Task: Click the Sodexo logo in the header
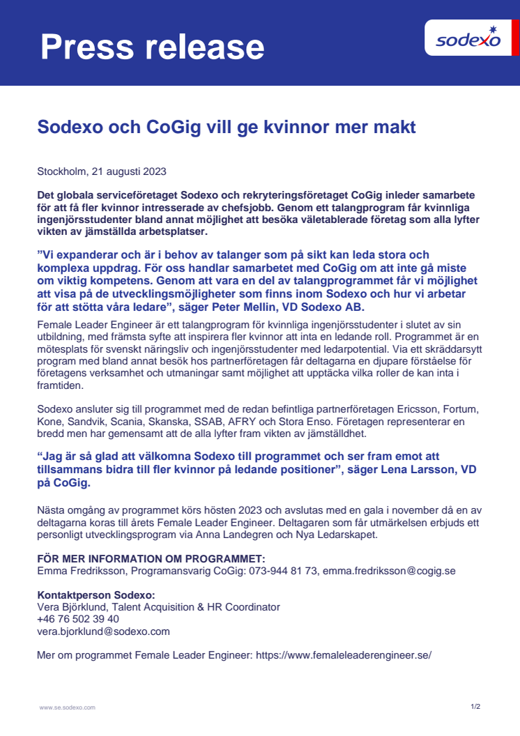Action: (x=468, y=39)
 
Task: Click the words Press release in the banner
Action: (x=152, y=47)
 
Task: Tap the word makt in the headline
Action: (x=395, y=128)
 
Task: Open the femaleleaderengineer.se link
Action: (x=344, y=656)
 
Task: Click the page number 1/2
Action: (x=475, y=707)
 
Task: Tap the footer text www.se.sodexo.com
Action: (x=67, y=707)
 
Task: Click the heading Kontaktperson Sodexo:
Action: (x=95, y=595)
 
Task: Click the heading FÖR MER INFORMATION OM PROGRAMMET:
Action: (x=151, y=558)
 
